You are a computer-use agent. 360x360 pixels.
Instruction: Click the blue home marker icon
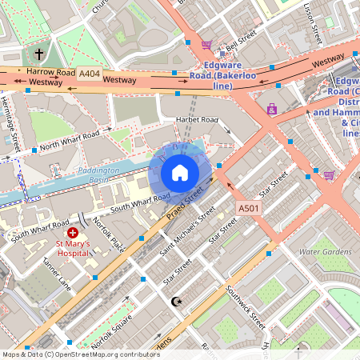point(180,172)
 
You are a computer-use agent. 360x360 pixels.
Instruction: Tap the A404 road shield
point(90,73)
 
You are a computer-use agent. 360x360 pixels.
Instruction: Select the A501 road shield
point(249,208)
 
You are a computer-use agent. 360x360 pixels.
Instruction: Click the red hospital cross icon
point(73,231)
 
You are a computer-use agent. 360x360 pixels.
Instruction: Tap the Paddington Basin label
point(99,175)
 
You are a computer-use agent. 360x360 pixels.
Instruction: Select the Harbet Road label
point(197,120)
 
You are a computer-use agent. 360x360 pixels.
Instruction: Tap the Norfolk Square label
point(112,331)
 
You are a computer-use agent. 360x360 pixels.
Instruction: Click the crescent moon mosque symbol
point(178,301)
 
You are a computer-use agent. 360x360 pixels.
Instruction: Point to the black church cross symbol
point(40,54)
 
